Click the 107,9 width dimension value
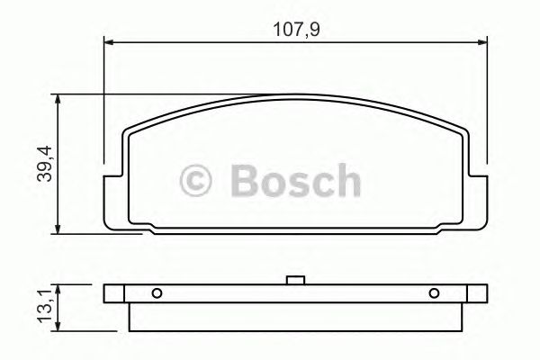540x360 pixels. pos(297,30)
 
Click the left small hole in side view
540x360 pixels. pos(157,292)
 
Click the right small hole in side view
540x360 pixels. pos(434,292)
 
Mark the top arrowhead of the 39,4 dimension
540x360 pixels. pos(59,99)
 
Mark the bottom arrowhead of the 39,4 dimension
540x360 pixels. pos(59,229)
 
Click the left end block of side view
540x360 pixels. pos(115,293)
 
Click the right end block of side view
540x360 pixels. pos(475,293)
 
